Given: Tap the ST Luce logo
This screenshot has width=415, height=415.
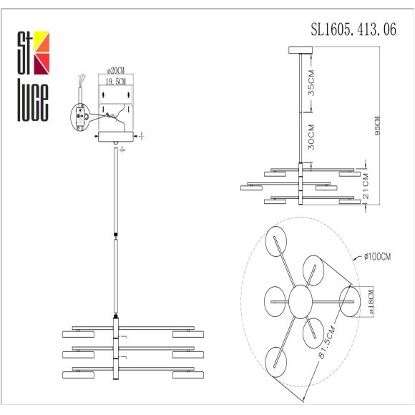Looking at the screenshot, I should click(31, 75).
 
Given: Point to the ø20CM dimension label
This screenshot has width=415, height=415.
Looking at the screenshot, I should click(117, 71).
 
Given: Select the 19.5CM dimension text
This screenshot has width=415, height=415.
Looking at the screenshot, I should click(117, 82).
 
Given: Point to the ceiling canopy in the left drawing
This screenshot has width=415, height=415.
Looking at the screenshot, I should click(116, 137).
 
